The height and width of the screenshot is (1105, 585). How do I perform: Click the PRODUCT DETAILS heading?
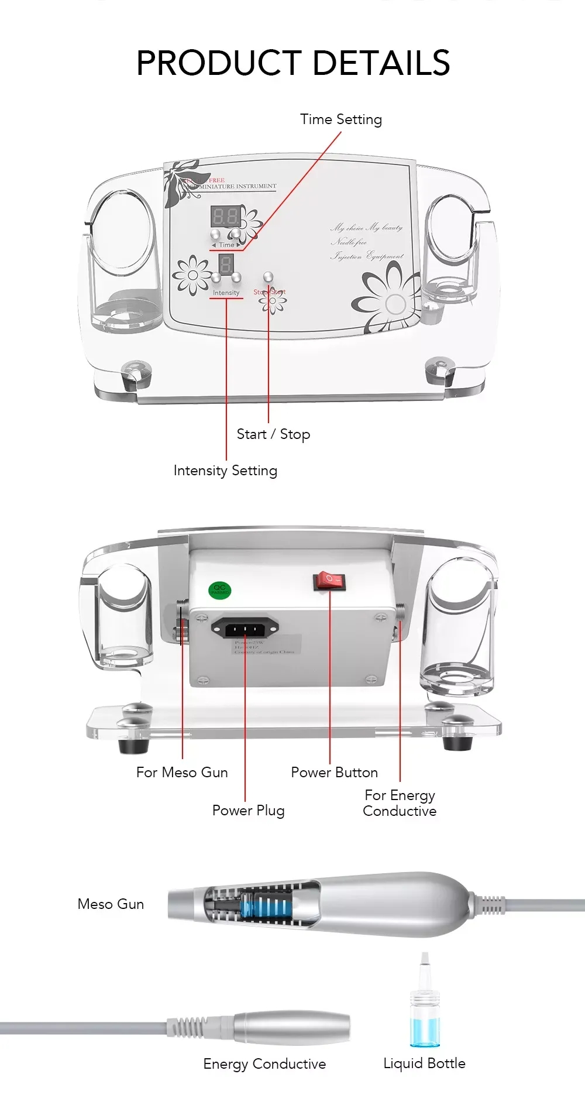[x=292, y=63]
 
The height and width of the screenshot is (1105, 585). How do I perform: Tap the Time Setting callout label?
[x=341, y=119]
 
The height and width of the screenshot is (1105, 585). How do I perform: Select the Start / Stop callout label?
[x=273, y=434]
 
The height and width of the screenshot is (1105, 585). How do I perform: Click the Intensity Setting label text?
[x=225, y=471]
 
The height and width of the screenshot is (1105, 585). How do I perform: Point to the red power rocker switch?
[x=329, y=581]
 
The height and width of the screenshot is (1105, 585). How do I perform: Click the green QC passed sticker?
[x=220, y=590]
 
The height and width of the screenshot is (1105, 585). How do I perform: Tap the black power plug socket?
[x=245, y=629]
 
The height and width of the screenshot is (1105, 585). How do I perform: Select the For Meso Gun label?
[x=182, y=773]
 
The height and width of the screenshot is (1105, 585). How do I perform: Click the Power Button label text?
[x=334, y=773]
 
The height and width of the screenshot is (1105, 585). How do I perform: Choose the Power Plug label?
[x=248, y=811]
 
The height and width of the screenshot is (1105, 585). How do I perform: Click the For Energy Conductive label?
[x=400, y=803]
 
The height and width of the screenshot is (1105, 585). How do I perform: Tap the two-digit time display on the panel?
[x=225, y=217]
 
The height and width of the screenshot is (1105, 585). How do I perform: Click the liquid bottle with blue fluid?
[x=424, y=1018]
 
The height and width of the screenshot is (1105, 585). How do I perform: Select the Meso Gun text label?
[x=111, y=904]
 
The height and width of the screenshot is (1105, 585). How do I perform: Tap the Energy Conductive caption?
[x=264, y=1064]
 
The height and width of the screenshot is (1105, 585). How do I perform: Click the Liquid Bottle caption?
[x=424, y=1063]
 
